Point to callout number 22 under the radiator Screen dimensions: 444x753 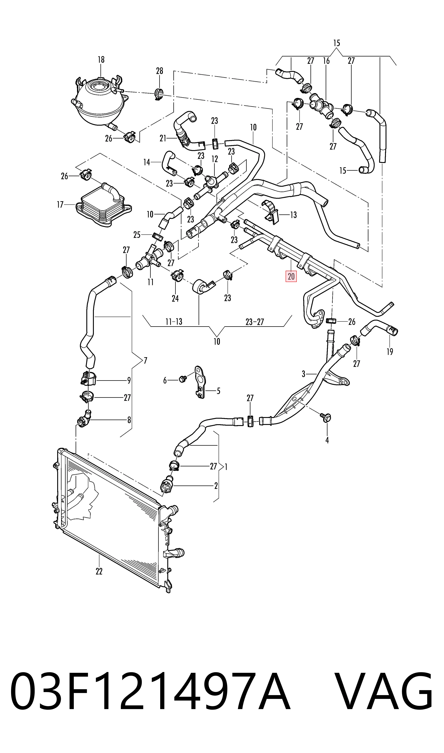pyautogui.click(x=99, y=571)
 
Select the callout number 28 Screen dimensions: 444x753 pyautogui.click(x=159, y=71)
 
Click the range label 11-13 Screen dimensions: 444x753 pyautogui.click(x=174, y=322)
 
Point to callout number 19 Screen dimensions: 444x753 pyautogui.click(x=389, y=352)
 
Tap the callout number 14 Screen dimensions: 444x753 pyautogui.click(x=147, y=162)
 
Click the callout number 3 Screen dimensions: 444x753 pyautogui.click(x=303, y=374)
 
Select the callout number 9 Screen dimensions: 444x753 pyautogui.click(x=129, y=380)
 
